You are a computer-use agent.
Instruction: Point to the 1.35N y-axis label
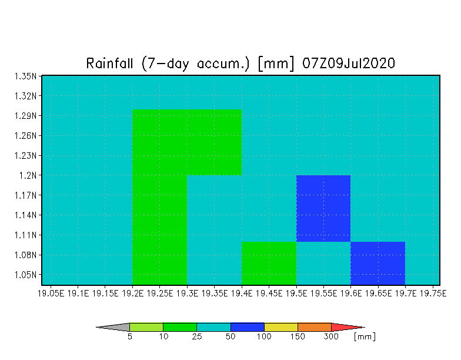[26, 76]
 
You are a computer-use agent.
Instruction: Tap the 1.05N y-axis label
[26, 275]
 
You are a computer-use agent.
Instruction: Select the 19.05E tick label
[51, 294]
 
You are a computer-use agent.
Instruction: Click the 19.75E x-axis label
[433, 294]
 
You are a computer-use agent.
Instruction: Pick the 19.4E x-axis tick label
[242, 294]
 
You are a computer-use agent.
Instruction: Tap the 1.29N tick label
[26, 116]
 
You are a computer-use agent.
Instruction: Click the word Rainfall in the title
[109, 64]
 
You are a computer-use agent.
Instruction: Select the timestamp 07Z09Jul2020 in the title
[349, 64]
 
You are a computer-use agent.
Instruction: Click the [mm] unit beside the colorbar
[365, 336]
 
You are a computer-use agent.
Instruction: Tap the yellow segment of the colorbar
[281, 327]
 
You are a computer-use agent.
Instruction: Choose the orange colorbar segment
[314, 327]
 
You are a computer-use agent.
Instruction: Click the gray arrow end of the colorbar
[113, 327]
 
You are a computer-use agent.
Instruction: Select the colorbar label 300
[331, 336]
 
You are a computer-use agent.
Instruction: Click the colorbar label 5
[129, 336]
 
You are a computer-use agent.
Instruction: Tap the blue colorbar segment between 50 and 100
[247, 327]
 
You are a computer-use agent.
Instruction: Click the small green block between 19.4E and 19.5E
[269, 264]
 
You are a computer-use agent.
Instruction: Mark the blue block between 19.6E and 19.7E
[378, 264]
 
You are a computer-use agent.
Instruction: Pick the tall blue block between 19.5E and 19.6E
[323, 208]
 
